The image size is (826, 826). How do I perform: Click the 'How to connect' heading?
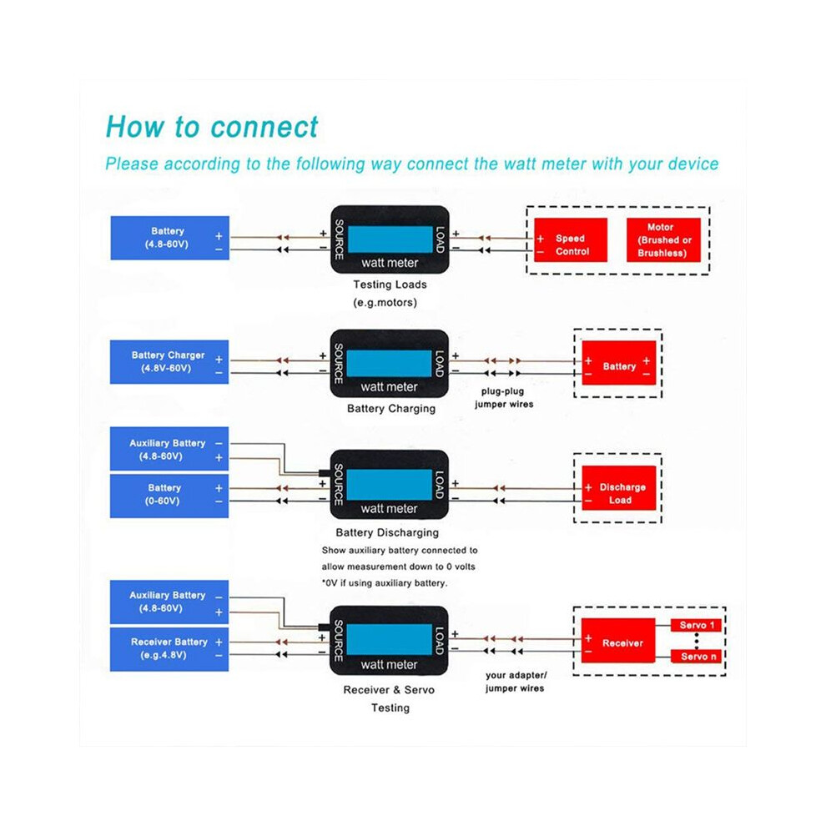pyautogui.click(x=212, y=127)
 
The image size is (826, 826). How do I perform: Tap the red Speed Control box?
pyautogui.click(x=571, y=239)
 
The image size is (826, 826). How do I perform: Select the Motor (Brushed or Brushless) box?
pyautogui.click(x=663, y=239)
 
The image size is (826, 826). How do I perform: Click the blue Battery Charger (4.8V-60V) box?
pyautogui.click(x=169, y=362)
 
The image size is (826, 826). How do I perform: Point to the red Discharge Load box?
pyautogui.click(x=618, y=488)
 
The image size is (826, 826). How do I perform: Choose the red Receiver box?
pyautogui.click(x=618, y=640)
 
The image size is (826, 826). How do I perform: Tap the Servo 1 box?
pyautogui.click(x=696, y=625)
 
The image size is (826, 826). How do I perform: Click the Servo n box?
pyautogui.click(x=696, y=657)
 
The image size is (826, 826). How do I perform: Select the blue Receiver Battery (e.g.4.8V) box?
pyautogui.click(x=169, y=649)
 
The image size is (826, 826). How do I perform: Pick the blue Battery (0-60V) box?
pyautogui.click(x=169, y=496)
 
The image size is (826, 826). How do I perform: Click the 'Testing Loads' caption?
pyautogui.click(x=390, y=285)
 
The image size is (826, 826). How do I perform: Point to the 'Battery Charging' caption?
pyautogui.click(x=391, y=408)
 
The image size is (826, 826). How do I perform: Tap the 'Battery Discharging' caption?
pyautogui.click(x=387, y=532)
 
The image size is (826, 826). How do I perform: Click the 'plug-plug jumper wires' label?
pyautogui.click(x=504, y=398)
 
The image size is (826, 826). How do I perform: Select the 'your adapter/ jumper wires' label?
pyautogui.click(x=516, y=682)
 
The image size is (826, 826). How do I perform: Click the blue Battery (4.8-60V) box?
pyautogui.click(x=169, y=238)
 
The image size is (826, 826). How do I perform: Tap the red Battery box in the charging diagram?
pyautogui.click(x=618, y=362)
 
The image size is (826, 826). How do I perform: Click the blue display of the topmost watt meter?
pyautogui.click(x=390, y=239)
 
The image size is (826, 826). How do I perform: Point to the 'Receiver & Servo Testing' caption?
pyautogui.click(x=390, y=698)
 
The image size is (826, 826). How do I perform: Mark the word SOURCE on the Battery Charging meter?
pyautogui.click(x=339, y=364)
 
